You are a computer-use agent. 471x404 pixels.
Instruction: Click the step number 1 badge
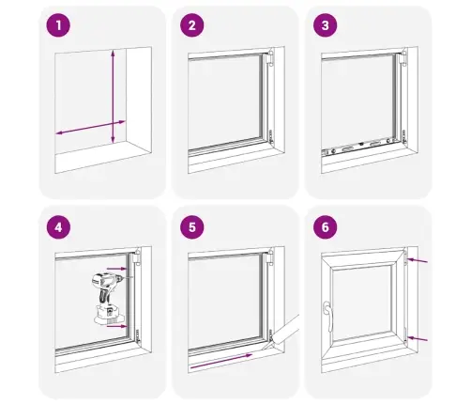58,25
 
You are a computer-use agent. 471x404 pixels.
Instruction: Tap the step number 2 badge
192,25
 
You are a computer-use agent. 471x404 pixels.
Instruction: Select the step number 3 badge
326,25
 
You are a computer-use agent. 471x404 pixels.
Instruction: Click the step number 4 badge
58,227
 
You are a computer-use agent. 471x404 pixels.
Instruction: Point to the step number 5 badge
192,227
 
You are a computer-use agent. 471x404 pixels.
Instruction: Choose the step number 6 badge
326,227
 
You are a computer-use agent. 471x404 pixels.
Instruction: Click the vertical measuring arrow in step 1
113,96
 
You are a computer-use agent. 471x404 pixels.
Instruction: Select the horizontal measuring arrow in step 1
90,128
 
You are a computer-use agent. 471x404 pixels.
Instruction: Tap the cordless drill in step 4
108,299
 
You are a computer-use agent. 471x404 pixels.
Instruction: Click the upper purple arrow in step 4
117,269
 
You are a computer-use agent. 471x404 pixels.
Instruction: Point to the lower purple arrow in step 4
117,326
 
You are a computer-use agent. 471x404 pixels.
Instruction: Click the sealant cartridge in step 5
283,333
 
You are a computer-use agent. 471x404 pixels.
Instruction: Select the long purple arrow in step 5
221,360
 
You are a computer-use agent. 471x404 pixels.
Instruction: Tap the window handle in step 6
327,316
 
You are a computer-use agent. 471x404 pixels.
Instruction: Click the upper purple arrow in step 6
418,260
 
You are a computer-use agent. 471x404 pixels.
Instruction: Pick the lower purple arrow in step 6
418,339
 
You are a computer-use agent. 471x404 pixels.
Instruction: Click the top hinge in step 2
270,58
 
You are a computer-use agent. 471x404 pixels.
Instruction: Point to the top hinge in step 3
403,58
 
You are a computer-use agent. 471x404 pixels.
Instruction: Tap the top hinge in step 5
270,257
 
